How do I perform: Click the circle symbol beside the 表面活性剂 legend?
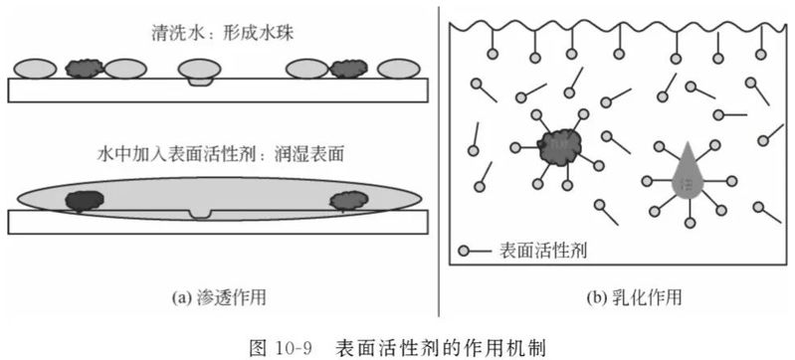(465, 250)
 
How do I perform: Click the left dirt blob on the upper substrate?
(84, 69)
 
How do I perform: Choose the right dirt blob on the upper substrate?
(348, 69)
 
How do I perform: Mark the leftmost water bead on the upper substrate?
(35, 69)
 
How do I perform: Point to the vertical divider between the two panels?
(438, 159)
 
